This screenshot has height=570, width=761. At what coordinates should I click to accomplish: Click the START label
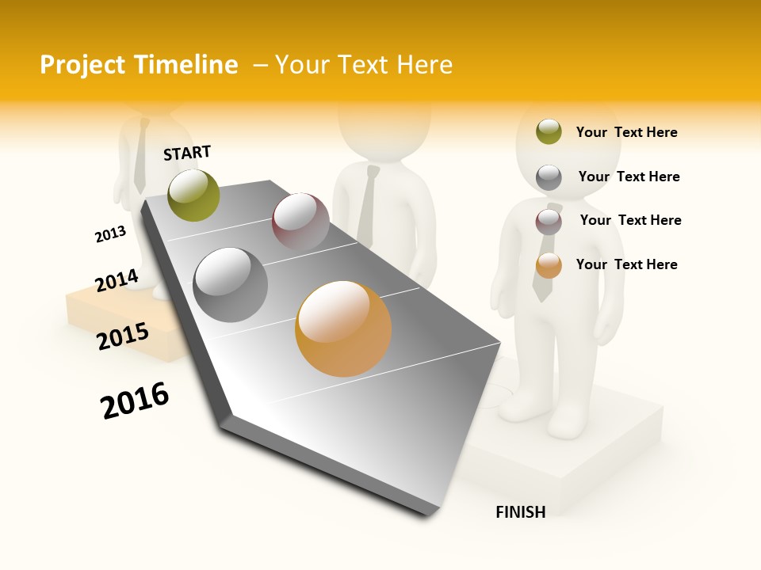point(187,153)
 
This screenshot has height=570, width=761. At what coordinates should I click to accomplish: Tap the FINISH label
point(520,512)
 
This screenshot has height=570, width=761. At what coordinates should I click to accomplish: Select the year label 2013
point(110,234)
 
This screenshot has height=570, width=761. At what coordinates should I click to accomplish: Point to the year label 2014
point(117,280)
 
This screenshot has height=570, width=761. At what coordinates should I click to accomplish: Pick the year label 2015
point(123,336)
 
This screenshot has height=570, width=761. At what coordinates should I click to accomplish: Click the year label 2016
point(135,401)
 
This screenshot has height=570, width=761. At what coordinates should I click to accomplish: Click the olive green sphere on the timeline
point(194,195)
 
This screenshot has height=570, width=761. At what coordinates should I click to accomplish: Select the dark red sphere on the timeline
point(300,222)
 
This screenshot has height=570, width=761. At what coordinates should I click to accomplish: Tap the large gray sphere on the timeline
point(231,285)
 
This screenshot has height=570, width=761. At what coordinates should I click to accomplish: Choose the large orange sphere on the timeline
point(343,329)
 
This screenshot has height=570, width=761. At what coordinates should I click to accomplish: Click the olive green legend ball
point(549,132)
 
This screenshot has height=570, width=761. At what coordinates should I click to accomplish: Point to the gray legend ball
point(549,177)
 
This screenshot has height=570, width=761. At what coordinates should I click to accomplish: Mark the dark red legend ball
point(549,221)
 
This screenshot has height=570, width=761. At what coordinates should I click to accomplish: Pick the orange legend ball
point(549,265)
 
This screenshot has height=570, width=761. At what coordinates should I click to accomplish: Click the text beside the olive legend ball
point(626,132)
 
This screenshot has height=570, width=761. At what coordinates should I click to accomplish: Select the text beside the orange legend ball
point(626,264)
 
